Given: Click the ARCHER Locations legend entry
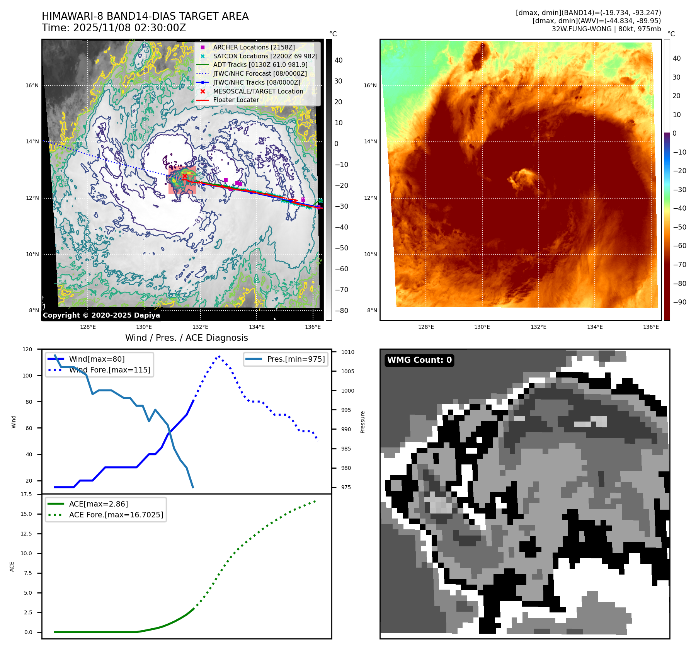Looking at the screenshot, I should pos(254,47).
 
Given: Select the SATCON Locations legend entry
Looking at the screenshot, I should pos(265,56).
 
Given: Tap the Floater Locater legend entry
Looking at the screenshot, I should pos(236,100).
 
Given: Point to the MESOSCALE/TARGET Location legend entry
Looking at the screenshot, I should pos(258,91).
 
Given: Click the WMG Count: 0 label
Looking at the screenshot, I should pos(419,360).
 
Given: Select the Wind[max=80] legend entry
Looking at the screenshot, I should pos(97,359).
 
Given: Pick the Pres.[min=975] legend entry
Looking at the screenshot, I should pos(296,359).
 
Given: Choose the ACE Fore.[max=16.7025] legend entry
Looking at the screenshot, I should pos(116,515).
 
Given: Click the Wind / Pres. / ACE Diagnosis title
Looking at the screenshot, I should pos(187,338).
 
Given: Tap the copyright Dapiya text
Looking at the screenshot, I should pos(101,315).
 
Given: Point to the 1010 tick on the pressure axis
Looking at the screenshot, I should pos(347,352).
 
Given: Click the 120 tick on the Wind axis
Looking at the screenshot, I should pos(27,349).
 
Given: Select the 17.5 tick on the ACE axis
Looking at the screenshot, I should pos(26,494).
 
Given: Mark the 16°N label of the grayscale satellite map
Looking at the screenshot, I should pos(32,85).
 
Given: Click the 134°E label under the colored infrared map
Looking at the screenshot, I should pos(595,327).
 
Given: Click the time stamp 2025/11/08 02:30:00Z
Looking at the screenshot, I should pos(129,28).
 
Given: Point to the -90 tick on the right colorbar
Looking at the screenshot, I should pos(679,302).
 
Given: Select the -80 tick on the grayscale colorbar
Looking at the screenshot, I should pos(341,311).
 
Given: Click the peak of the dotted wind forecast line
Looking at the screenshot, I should pos(219,356).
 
